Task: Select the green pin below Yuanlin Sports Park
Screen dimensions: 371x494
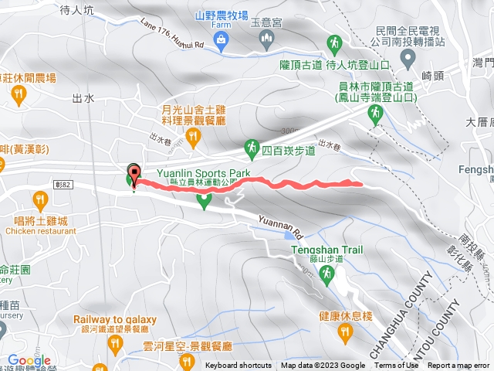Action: coord(205,201)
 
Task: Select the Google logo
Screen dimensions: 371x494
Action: coord(29,360)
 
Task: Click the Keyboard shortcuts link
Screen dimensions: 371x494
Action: coord(239,366)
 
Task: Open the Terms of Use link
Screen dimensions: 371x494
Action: coord(397,366)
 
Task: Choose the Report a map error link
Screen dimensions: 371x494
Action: coord(459,366)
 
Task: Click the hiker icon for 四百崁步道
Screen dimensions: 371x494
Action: coord(251,146)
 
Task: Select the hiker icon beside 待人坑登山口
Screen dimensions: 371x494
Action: coord(335,43)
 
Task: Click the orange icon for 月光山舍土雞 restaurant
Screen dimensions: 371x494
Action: coord(193,138)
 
